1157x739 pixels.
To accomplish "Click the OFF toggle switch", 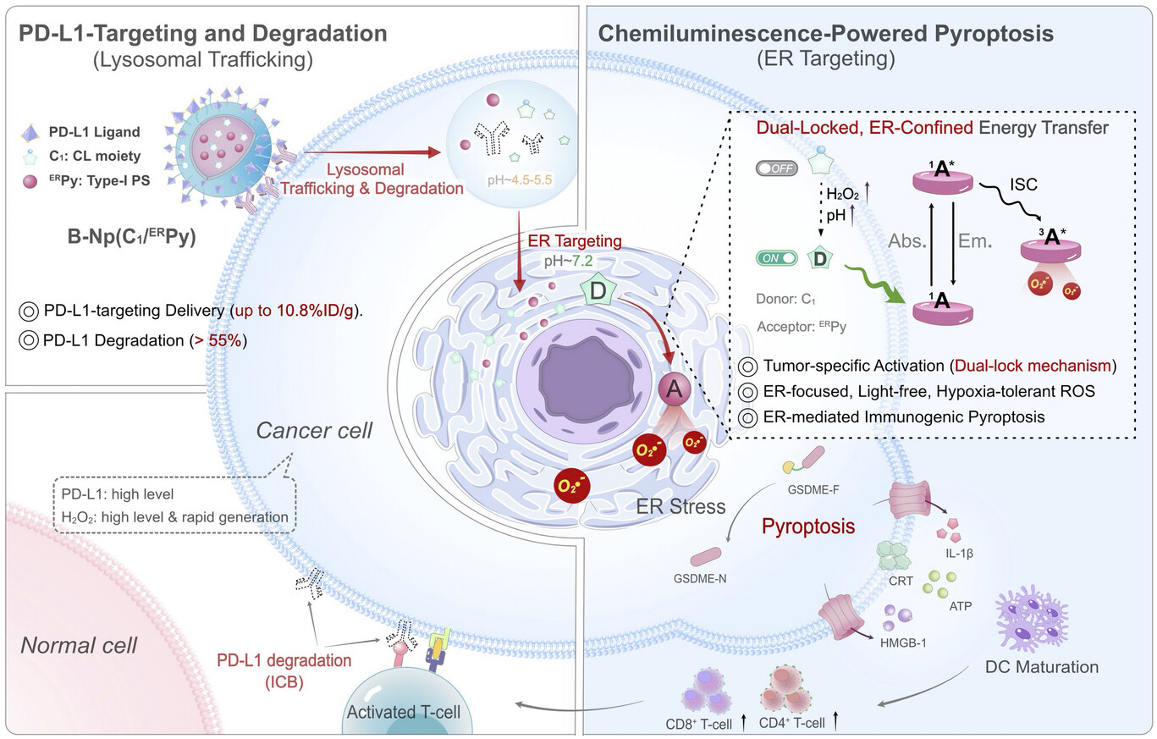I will click(x=776, y=169).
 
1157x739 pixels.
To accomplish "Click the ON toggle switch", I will click(x=775, y=257).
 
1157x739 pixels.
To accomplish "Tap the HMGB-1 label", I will click(x=905, y=642).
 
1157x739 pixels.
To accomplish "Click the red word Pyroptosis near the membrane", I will click(x=807, y=527).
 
